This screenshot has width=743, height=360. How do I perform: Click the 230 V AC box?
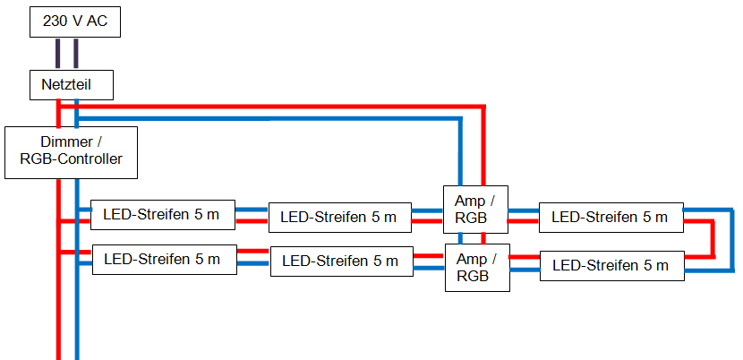[x=74, y=21]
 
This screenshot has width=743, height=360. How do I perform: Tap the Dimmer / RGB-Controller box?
[x=71, y=152]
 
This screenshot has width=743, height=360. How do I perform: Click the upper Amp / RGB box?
[x=475, y=210]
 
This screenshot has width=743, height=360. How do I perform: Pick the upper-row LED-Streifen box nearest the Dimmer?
[x=162, y=216]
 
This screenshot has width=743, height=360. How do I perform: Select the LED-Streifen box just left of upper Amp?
[x=339, y=217]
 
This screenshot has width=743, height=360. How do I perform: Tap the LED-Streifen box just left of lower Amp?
[x=341, y=261]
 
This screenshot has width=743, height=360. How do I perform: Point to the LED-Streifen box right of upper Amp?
[x=610, y=217]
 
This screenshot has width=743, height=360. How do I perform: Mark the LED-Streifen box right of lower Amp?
[x=611, y=265]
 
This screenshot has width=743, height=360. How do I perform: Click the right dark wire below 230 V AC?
[x=77, y=53]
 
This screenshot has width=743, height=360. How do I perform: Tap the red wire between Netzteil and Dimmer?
[x=59, y=113]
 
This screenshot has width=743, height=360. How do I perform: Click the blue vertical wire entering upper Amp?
[x=461, y=152]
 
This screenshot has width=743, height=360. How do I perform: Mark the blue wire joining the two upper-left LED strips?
[x=252, y=210]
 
